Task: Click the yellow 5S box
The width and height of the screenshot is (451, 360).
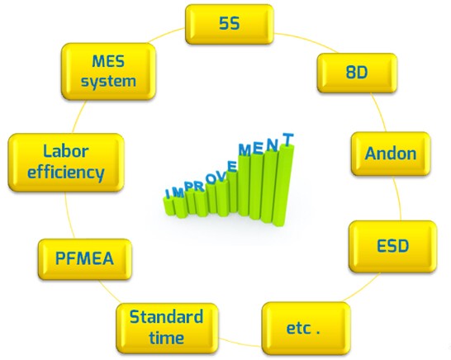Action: tap(230, 25)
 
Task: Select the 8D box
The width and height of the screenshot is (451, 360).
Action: tap(357, 73)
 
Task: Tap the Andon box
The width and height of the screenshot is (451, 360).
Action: tap(391, 154)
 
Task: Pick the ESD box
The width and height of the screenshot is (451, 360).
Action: tap(392, 247)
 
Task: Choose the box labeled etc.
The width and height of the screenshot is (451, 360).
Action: tap(306, 329)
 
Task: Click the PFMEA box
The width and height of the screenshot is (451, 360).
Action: tap(85, 259)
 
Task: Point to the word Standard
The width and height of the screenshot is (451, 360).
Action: tap(166, 317)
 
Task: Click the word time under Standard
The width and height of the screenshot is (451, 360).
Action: tap(167, 338)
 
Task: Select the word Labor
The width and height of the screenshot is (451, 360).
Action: tap(65, 151)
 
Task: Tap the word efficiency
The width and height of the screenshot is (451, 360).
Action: tap(65, 173)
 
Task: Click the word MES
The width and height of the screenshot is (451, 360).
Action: tap(108, 62)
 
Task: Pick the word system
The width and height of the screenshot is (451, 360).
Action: tap(108, 82)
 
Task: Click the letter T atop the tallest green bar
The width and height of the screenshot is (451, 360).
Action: tap(288, 140)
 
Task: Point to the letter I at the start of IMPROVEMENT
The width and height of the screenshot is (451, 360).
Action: tap(168, 193)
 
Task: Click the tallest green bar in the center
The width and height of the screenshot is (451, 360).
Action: tap(283, 184)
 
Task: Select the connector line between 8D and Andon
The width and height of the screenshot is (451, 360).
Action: tap(379, 112)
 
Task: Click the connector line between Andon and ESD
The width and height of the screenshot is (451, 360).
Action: tap(398, 198)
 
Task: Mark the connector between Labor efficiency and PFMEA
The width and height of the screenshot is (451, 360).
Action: tap(69, 216)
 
